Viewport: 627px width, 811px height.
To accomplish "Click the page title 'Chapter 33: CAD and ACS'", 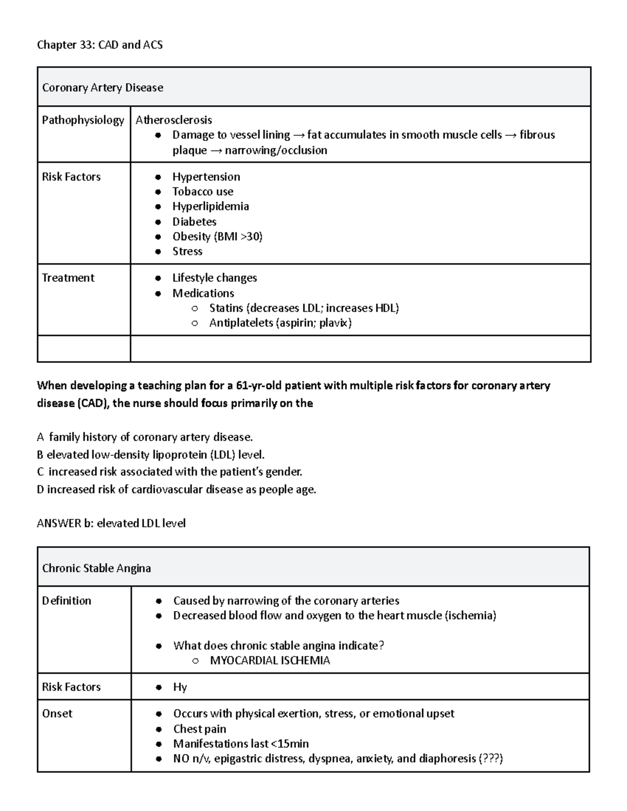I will tap(99, 45).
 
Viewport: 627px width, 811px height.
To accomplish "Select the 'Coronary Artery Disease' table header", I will tap(102, 88).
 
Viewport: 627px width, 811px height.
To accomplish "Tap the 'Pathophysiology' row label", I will tap(83, 120).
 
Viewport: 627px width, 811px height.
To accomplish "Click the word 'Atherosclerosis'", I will tap(173, 120).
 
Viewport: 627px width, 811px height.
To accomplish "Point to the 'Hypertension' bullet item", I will tap(206, 177).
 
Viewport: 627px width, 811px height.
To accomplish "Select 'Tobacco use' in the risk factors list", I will tap(203, 192).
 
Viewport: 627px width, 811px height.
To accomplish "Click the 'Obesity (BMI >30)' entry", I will tap(217, 237).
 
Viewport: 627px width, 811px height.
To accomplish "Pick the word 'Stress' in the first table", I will tap(187, 252).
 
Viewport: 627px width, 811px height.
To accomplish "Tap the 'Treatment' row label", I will tap(68, 278).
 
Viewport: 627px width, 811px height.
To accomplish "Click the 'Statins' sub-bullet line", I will tap(304, 308).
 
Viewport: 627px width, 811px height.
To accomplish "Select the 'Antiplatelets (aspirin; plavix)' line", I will tap(280, 323).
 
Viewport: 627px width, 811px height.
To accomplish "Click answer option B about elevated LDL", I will tap(154, 455).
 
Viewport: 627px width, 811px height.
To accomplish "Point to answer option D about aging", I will tap(177, 490).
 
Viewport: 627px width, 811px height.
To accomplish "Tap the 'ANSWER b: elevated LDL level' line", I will tap(111, 523).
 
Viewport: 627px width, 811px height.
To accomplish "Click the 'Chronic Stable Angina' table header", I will tap(96, 568).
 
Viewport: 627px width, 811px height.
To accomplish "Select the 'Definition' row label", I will tap(66, 601).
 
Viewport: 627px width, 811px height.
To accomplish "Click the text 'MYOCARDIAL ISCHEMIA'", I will tap(270, 661).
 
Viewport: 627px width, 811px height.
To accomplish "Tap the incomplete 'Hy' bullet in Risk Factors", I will tap(180, 687).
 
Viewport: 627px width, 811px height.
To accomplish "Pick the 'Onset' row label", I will tap(57, 714).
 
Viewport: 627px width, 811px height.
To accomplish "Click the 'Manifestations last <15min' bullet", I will tap(241, 744).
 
